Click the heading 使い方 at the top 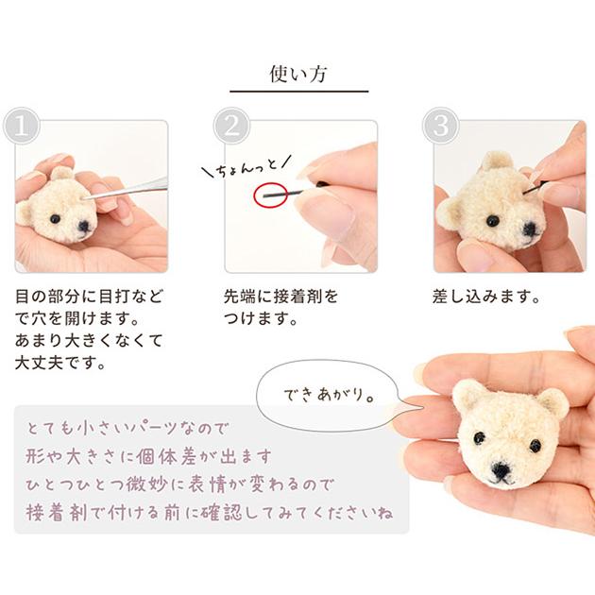pyautogui.click(x=298, y=74)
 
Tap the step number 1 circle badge pyautogui.click(x=22, y=126)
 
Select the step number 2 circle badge pyautogui.click(x=231, y=126)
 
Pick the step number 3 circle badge pyautogui.click(x=441, y=126)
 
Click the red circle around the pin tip pyautogui.click(x=270, y=195)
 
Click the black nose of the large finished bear pyautogui.click(x=501, y=471)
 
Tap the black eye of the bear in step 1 pyautogui.click(x=56, y=219)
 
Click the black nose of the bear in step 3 pyautogui.click(x=530, y=229)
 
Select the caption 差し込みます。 pyautogui.click(x=486, y=297)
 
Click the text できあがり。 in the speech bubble pyautogui.click(x=330, y=395)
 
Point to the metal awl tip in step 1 pyautogui.click(x=83, y=198)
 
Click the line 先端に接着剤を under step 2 pyautogui.click(x=280, y=297)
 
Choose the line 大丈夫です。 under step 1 pyautogui.click(x=59, y=364)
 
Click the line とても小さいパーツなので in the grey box pyautogui.click(x=127, y=429)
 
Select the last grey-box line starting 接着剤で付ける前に pyautogui.click(x=210, y=512)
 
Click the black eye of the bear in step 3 pyautogui.click(x=492, y=219)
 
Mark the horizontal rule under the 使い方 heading pyautogui.click(x=299, y=92)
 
